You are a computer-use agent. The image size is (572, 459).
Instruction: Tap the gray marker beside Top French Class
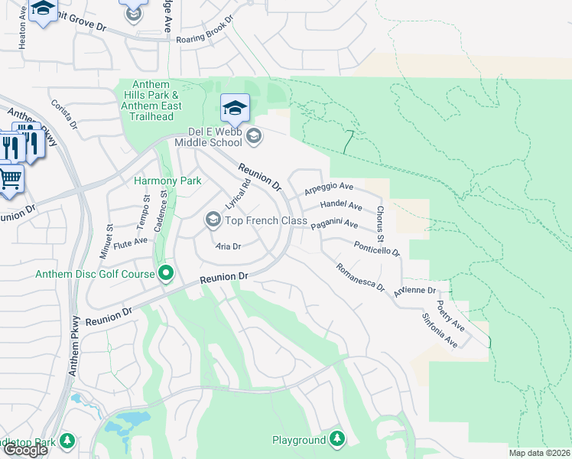coord(213,220)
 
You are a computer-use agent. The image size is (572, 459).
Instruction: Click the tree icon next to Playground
coord(336,440)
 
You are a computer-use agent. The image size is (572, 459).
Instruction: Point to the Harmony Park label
coord(167,181)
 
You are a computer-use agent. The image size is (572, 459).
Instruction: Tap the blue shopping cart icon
coord(9,180)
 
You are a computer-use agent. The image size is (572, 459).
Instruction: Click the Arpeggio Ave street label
coord(329,187)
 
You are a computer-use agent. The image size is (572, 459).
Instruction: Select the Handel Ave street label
coord(341,205)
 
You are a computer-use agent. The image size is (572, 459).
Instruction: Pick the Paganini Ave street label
coord(334,224)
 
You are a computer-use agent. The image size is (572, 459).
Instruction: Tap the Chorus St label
coord(380,220)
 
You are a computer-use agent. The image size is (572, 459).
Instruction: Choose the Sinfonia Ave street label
coord(440,329)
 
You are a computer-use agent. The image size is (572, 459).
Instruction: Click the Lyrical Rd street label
coord(238,195)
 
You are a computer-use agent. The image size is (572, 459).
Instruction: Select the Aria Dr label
coord(228,246)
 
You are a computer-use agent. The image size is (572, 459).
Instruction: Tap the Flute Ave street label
coord(130,242)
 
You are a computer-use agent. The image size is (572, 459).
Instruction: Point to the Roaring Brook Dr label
coord(207,38)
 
